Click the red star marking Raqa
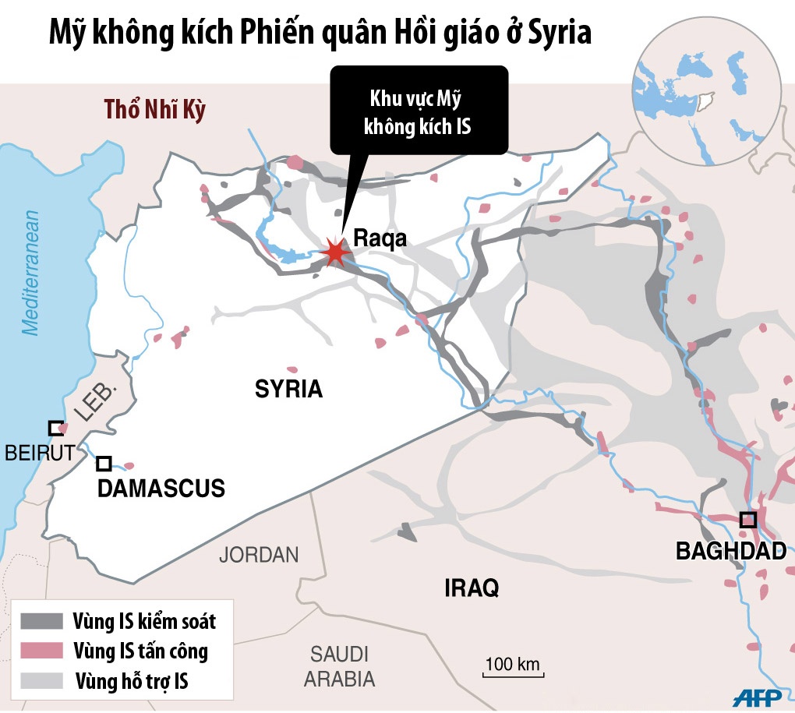(335, 252)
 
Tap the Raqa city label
(380, 238)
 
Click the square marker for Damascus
(104, 464)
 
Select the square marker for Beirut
(55, 428)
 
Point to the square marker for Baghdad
(747, 519)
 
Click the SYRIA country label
(288, 389)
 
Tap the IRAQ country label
(471, 588)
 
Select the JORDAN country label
(259, 555)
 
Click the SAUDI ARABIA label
(339, 666)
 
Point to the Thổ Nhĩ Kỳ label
(155, 110)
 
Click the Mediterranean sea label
(32, 273)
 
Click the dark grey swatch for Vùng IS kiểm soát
(41, 621)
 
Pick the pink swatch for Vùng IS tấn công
(41, 650)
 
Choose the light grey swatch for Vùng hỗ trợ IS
(41, 679)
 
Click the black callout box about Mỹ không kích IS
(419, 110)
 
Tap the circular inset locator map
(708, 92)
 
